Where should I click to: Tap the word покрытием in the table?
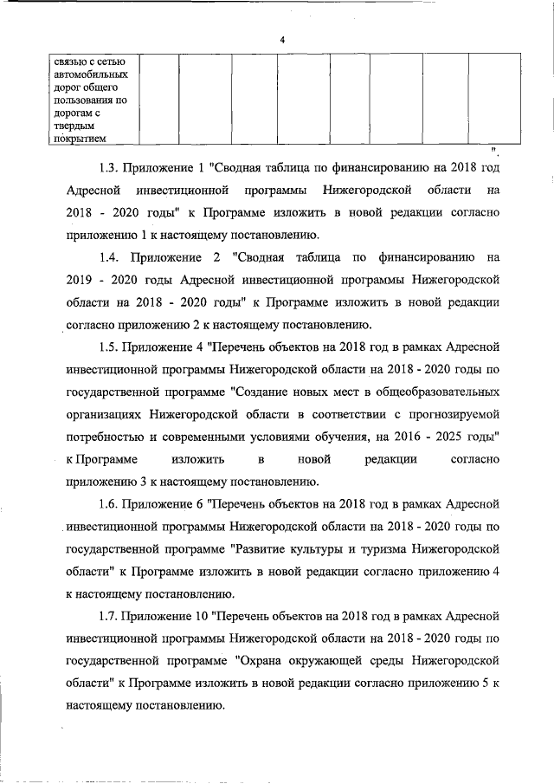pyautogui.click(x=80, y=137)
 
